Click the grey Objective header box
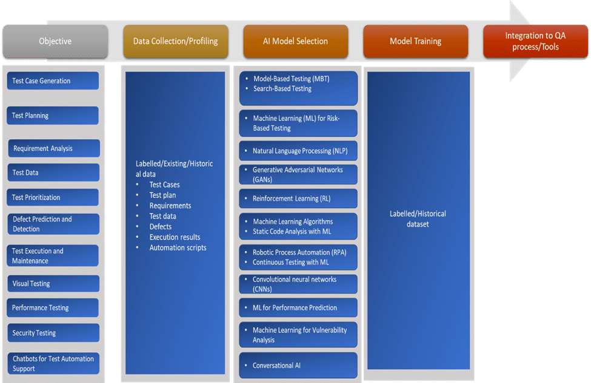click(x=55, y=41)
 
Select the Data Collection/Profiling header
click(x=176, y=41)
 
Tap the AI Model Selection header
click(x=295, y=41)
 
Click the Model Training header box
click(x=415, y=41)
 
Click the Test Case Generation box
click(x=53, y=80)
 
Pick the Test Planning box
click(x=53, y=116)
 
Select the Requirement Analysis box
click(x=54, y=148)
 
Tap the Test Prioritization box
click(x=53, y=197)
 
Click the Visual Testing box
click(x=53, y=284)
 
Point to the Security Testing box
click(x=53, y=333)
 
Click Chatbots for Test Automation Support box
click(x=53, y=364)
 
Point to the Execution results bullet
click(x=175, y=237)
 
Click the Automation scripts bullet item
click(x=178, y=247)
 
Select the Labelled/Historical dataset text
click(x=418, y=219)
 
